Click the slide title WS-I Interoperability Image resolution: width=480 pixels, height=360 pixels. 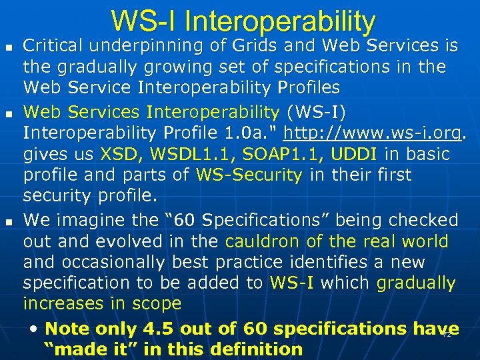[243, 21]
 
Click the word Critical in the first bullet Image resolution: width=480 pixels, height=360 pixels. [53, 46]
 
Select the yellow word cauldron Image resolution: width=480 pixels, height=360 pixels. [262, 241]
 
